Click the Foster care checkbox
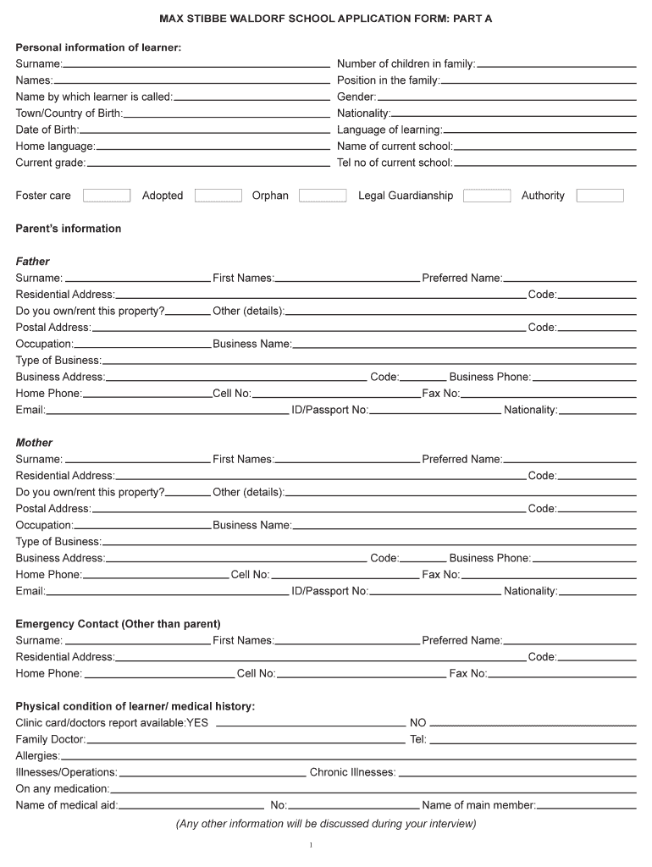[x=106, y=196]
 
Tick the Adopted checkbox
[x=218, y=196]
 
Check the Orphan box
[x=323, y=196]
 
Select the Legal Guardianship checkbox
[x=487, y=196]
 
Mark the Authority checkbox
[x=600, y=196]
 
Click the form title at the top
[x=326, y=18]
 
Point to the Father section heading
[x=33, y=262]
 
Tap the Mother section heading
[x=34, y=443]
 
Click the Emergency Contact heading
[x=118, y=624]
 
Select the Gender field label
[x=356, y=97]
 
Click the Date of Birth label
[x=47, y=130]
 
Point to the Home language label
[x=55, y=146]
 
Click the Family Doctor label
[x=51, y=739]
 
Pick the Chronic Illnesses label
[x=352, y=772]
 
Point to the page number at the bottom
[x=312, y=845]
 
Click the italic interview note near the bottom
[x=326, y=824]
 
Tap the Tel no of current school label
[x=395, y=163]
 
